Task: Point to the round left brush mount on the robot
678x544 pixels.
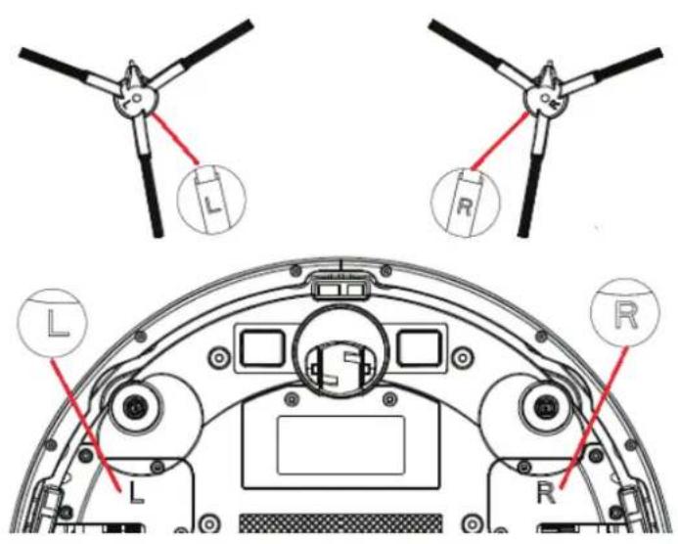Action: (x=134, y=404)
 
